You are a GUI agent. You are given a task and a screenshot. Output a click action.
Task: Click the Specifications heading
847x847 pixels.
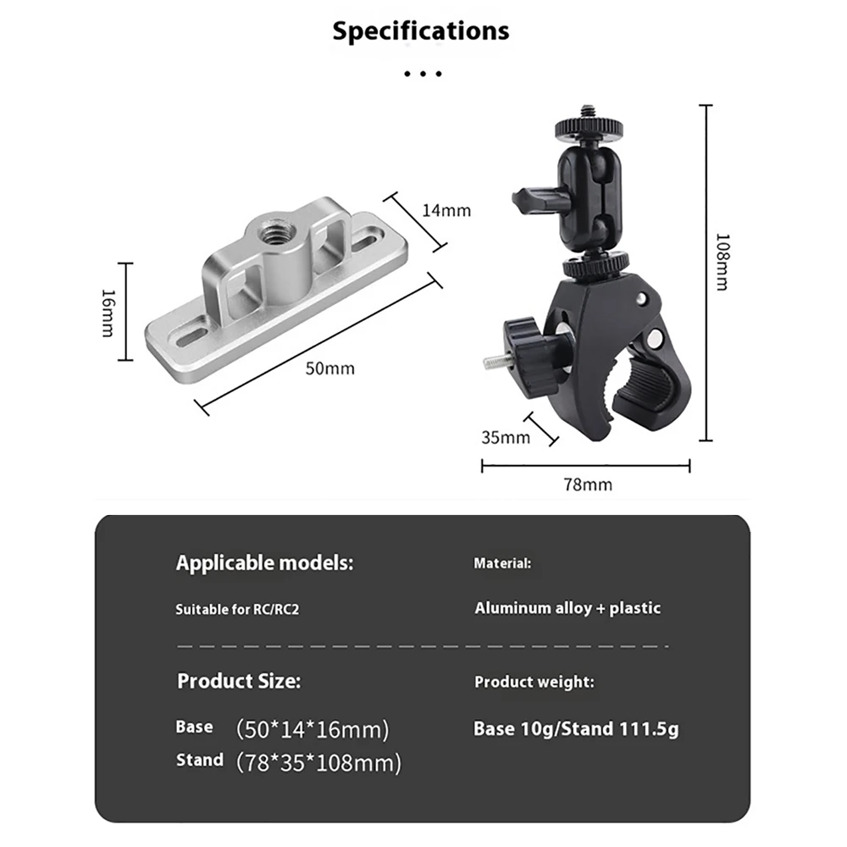point(420,30)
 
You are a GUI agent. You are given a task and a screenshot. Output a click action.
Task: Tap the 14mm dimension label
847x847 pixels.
point(446,210)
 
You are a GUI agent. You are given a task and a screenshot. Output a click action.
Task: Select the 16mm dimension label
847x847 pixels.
point(108,313)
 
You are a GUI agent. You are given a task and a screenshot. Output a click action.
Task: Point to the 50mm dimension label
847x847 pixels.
point(330,368)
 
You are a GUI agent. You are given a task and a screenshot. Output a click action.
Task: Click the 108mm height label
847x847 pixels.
point(722,262)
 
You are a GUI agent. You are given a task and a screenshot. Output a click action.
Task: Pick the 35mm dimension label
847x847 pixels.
point(506,437)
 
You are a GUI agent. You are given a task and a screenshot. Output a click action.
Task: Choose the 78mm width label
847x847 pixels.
point(588,484)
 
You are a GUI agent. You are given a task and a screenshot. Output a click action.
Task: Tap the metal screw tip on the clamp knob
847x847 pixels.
point(494,362)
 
